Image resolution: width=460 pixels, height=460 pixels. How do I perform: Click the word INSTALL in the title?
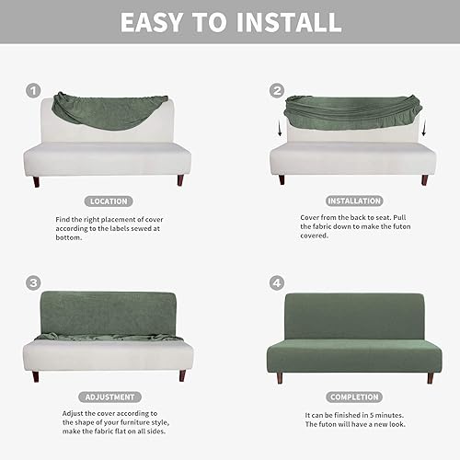[282, 22]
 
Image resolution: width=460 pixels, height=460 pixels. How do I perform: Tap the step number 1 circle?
[33, 91]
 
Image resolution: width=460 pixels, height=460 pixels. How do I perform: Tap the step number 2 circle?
[277, 91]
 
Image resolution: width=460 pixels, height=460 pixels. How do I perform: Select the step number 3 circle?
[33, 283]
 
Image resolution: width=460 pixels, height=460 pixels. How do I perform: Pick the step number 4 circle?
[277, 283]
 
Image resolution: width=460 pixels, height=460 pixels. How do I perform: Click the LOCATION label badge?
[109, 201]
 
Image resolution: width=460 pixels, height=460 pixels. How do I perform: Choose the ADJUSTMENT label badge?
[109, 397]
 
